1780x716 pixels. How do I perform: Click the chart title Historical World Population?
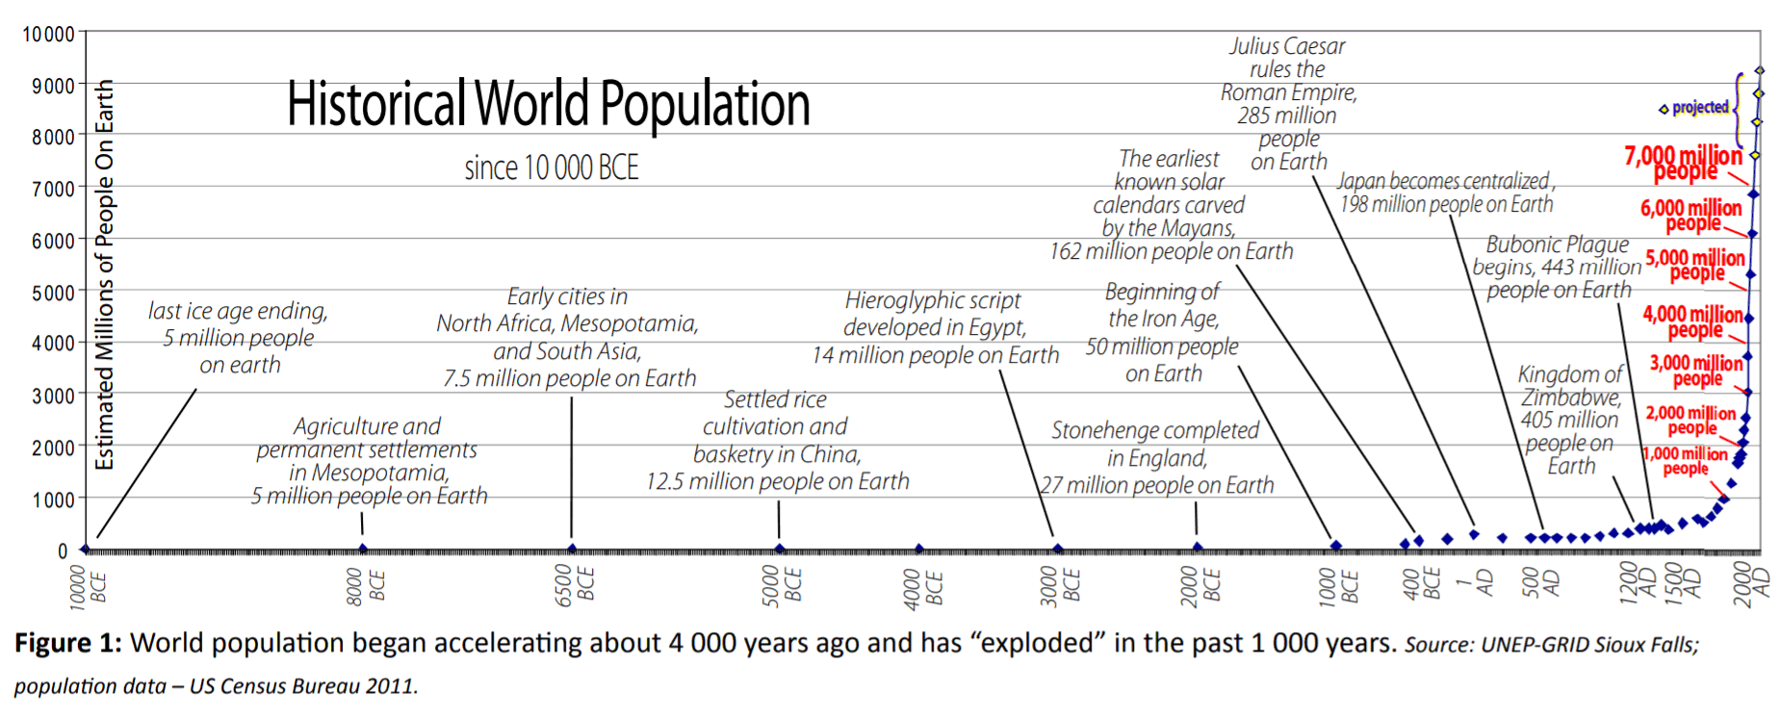click(548, 104)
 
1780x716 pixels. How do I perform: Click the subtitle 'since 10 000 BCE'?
click(551, 168)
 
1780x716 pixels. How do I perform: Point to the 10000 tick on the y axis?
click(48, 35)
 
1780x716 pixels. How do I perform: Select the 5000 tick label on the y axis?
click(53, 292)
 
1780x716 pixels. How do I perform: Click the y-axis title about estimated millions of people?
click(104, 274)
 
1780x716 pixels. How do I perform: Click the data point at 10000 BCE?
click(86, 549)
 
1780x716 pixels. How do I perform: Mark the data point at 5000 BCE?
click(780, 549)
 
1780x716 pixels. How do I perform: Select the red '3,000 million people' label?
click(1695, 370)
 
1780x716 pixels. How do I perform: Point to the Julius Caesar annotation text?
click(1288, 103)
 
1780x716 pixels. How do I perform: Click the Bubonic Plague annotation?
click(1558, 267)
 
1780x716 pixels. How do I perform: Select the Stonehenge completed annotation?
click(1156, 457)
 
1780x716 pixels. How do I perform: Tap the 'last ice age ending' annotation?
click(239, 338)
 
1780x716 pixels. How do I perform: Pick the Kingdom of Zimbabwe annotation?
click(1570, 419)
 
